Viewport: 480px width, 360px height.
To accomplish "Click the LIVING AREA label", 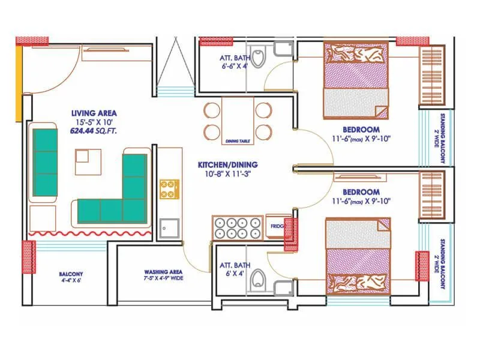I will pyautogui.click(x=94, y=113).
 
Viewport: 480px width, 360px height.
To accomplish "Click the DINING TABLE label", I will pyautogui.click(x=238, y=142).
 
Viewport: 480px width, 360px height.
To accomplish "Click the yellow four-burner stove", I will pyautogui.click(x=169, y=188).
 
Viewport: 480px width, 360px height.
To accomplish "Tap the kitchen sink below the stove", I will pyautogui.click(x=169, y=228).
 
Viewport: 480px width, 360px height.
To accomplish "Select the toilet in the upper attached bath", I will pyautogui.click(x=258, y=57).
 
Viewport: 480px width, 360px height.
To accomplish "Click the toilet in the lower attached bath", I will pyautogui.click(x=258, y=279).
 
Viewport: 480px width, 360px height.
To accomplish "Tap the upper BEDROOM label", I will pyautogui.click(x=361, y=130).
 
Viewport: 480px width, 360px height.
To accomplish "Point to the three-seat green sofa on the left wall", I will pyautogui.click(x=45, y=162).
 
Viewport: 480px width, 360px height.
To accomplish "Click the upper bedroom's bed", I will pyautogui.click(x=356, y=80).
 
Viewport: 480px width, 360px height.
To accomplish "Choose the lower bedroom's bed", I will pyautogui.click(x=358, y=256).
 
